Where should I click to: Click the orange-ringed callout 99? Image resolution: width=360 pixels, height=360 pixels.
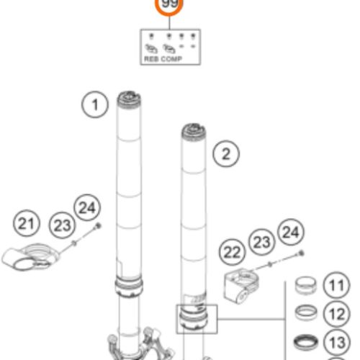coord(170,6)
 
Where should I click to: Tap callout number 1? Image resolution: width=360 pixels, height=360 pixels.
coord(93,105)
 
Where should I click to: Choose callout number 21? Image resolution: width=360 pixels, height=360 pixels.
coord(27,225)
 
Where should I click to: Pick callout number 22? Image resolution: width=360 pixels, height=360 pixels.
coord(232,253)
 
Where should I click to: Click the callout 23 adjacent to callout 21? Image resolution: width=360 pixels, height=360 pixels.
coord(63,225)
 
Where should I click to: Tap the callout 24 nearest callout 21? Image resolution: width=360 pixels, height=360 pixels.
coord(86,209)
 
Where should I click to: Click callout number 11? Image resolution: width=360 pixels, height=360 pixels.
coord(334,287)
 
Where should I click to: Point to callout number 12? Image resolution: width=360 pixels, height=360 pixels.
coord(334,314)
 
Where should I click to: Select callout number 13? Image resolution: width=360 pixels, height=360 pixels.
coord(334,341)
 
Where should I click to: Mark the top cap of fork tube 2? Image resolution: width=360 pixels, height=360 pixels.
coord(194,130)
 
